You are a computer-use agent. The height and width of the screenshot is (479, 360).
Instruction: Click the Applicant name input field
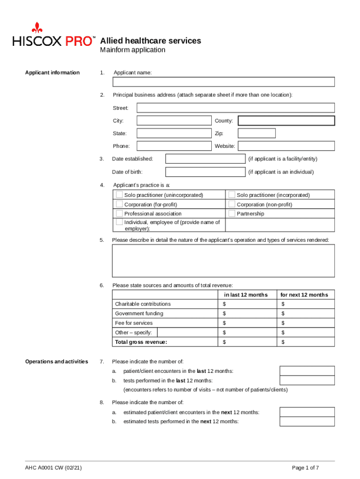(223, 82)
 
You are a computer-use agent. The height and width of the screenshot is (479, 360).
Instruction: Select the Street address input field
(235, 108)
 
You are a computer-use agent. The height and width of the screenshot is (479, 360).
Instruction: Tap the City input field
(174, 121)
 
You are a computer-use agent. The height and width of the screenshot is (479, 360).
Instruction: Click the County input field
(286, 121)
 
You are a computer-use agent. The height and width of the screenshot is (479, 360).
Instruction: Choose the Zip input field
(257, 133)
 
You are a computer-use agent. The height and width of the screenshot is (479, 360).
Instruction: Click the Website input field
(286, 146)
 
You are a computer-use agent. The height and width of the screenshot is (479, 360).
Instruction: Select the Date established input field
(206, 159)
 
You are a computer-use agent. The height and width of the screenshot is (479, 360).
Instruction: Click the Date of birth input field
(206, 172)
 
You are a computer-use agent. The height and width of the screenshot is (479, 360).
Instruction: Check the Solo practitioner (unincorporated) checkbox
(120, 195)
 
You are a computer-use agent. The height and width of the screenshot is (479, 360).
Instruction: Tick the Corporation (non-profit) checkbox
(232, 204)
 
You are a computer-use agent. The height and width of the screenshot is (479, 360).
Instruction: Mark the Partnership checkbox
(232, 213)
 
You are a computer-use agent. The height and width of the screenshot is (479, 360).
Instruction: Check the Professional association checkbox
(120, 213)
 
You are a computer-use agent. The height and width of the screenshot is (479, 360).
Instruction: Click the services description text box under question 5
(223, 261)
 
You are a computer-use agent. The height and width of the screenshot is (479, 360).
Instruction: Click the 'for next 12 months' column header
(304, 295)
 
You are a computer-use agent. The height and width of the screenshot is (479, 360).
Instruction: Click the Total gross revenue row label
(141, 342)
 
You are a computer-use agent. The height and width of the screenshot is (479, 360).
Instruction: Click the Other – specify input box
(187, 333)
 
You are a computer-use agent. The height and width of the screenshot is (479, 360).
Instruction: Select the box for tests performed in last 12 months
(307, 381)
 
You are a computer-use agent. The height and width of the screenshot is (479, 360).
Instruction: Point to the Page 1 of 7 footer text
(305, 468)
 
